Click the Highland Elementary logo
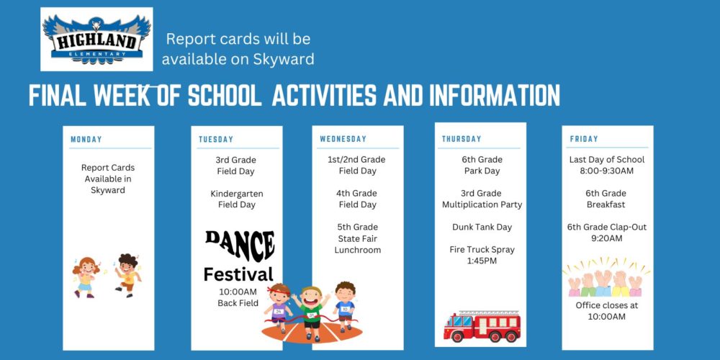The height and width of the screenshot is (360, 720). (97, 39)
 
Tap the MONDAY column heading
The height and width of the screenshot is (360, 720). (86, 140)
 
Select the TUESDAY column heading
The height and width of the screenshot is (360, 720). (216, 140)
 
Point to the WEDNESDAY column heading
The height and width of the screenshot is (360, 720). (343, 139)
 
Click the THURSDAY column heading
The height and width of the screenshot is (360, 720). (462, 139)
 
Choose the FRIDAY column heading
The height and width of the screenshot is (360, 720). (584, 139)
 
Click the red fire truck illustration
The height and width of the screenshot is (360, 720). (482, 326)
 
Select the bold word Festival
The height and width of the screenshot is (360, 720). (238, 274)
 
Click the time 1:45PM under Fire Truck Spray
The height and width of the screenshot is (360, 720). (482, 261)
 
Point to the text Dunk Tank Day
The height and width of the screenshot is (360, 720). (482, 228)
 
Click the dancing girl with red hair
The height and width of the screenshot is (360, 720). (86, 277)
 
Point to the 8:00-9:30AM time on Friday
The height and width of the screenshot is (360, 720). (606, 171)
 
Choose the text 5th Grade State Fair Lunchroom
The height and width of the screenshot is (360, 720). (358, 239)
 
